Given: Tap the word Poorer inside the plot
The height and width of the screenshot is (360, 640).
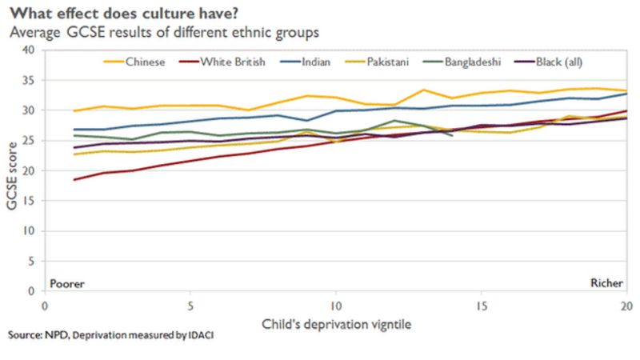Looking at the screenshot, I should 67,283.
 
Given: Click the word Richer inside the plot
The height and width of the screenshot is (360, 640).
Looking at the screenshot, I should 606,283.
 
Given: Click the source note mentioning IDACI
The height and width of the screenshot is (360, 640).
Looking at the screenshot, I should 111,336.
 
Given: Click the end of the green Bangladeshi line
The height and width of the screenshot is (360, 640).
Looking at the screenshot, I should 452,135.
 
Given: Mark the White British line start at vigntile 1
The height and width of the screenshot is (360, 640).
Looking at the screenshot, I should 74,179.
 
